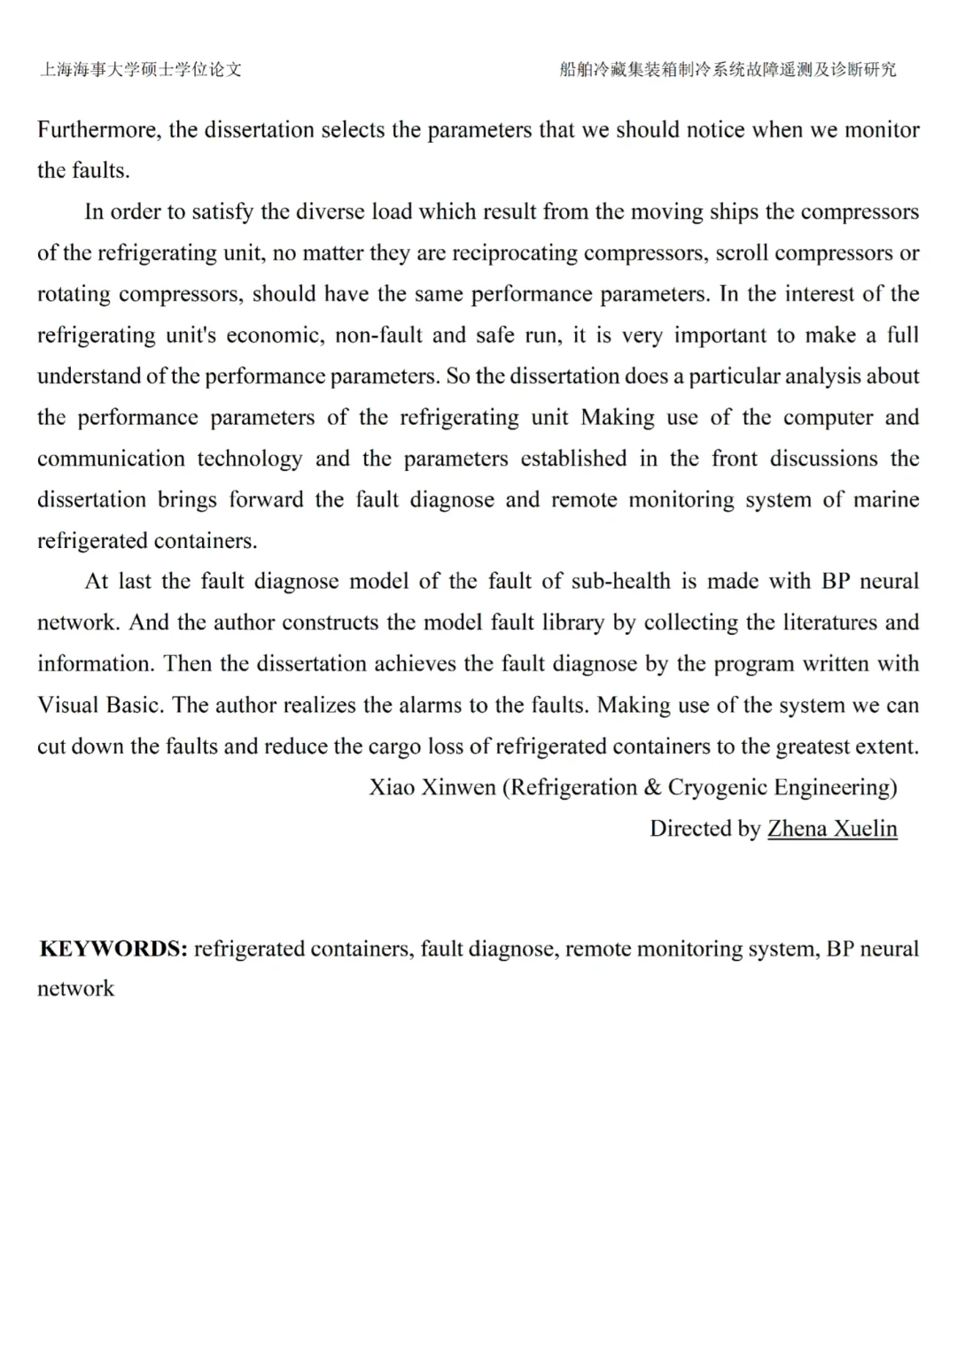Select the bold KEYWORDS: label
(113, 949)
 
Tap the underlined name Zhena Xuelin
(832, 829)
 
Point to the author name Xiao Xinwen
(432, 788)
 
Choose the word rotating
(74, 294)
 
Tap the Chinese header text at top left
(141, 70)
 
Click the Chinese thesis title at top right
(727, 70)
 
